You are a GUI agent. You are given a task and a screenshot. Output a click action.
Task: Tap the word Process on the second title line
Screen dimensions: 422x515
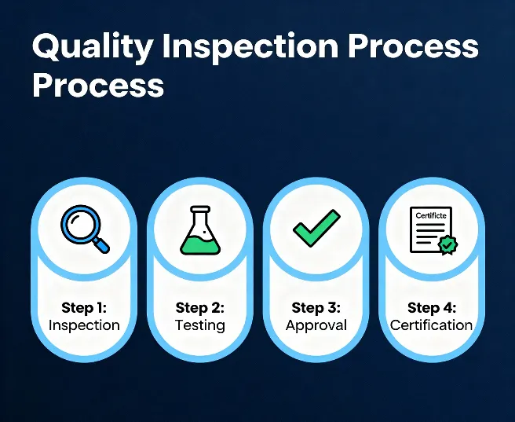pos(98,86)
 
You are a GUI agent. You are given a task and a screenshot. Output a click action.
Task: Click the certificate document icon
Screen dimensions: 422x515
pos(430,229)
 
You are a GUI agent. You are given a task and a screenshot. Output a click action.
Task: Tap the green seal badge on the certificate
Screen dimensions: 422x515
pos(447,245)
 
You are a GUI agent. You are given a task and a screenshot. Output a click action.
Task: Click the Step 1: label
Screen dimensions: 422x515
pos(84,307)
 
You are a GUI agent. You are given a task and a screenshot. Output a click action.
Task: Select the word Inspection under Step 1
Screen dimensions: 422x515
pos(84,325)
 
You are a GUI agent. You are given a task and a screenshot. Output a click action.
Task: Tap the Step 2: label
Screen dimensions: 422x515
pos(199,307)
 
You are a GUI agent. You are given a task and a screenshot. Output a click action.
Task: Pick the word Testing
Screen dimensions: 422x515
pos(199,325)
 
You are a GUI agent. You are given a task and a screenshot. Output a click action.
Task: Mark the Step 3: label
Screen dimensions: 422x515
pos(316,307)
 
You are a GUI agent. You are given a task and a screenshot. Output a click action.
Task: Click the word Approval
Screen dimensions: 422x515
pos(316,325)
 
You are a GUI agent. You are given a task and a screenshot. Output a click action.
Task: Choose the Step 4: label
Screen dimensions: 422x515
pos(431,307)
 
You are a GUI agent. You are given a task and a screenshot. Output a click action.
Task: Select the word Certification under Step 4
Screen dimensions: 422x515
pos(431,325)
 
